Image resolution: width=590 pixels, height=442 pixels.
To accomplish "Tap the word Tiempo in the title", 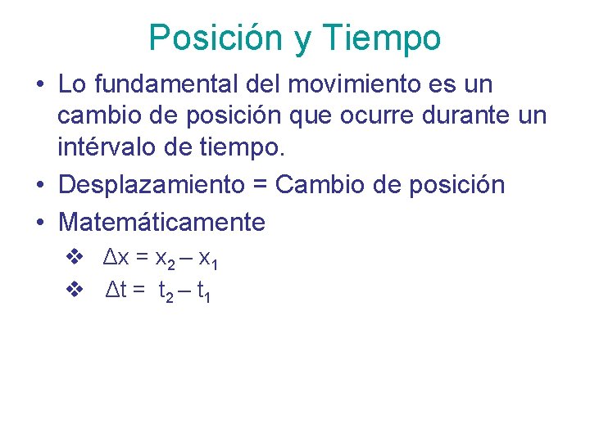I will coord(382,38).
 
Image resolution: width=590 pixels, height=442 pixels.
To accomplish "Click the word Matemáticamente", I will coord(161,221).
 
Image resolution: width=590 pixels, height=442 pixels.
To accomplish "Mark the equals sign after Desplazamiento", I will coord(261,185).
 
